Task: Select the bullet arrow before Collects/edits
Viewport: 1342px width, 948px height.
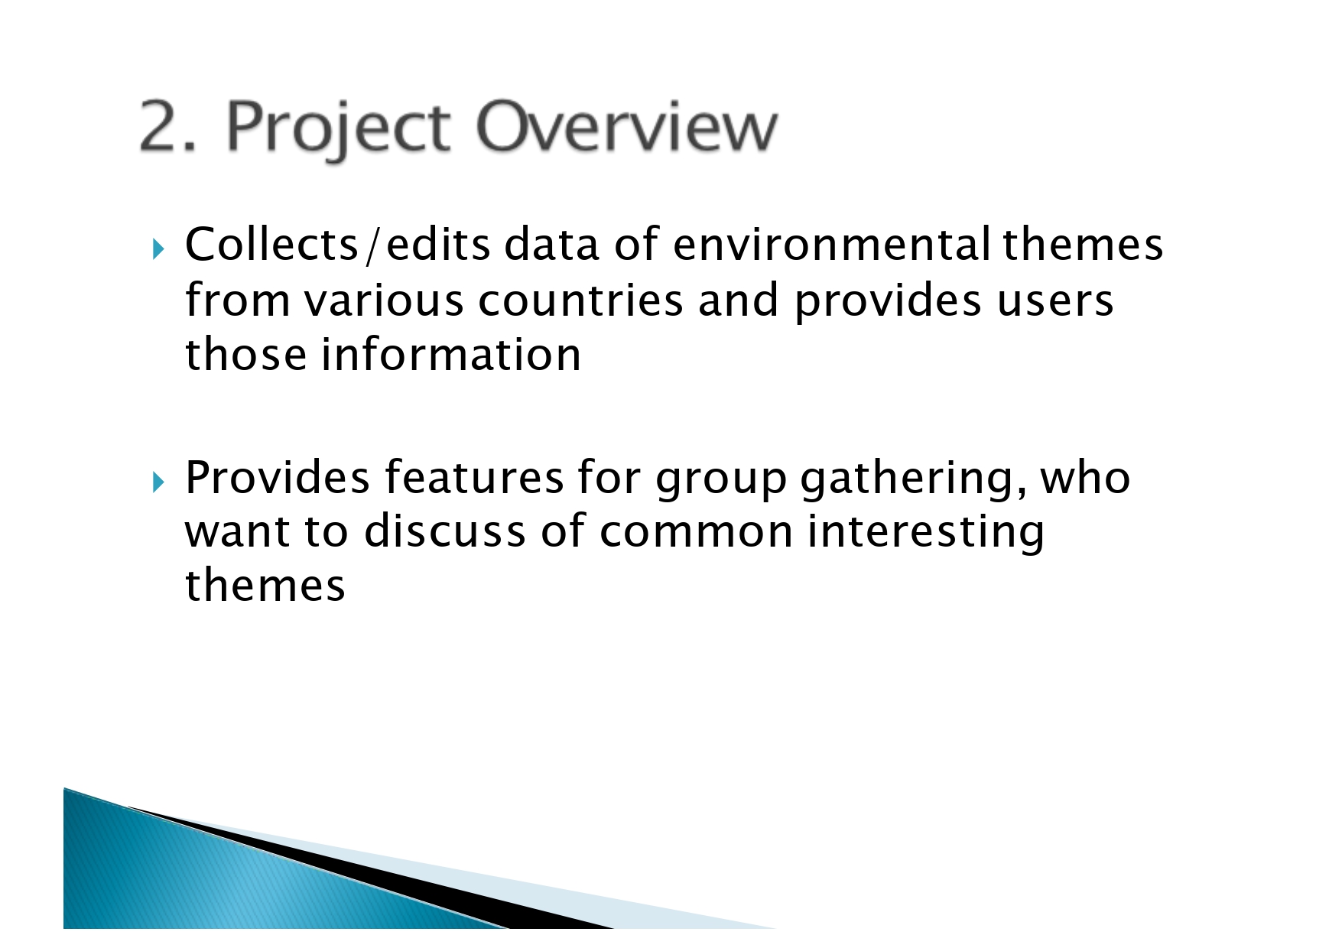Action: pyautogui.click(x=158, y=248)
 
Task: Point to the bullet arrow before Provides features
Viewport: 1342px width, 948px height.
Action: pyautogui.click(x=158, y=482)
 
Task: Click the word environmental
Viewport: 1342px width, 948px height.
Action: pyautogui.click(x=832, y=245)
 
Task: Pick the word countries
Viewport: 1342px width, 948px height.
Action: pyautogui.click(x=580, y=300)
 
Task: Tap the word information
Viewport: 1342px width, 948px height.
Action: pyautogui.click(x=451, y=355)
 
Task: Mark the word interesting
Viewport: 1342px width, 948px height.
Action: pyautogui.click(x=926, y=532)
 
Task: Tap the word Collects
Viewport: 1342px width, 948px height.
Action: pyautogui.click(x=272, y=245)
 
